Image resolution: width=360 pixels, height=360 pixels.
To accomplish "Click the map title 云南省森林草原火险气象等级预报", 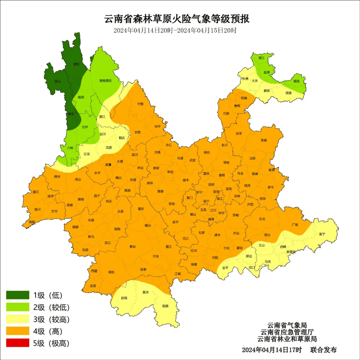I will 177,19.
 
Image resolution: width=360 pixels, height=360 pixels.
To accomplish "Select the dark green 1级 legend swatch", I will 18,295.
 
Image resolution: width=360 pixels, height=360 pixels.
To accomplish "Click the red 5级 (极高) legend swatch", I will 18,343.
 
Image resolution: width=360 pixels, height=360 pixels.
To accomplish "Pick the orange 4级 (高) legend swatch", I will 18,331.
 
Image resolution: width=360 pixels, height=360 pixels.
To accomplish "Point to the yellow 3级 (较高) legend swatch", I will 18,319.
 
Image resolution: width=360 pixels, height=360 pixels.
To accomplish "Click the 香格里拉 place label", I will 105,81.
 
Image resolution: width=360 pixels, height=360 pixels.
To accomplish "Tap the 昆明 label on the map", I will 211,184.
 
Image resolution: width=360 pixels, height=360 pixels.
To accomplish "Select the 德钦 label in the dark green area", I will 77,64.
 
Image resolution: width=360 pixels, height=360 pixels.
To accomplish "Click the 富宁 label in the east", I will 322,234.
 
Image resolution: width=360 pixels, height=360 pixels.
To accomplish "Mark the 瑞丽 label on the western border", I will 32,222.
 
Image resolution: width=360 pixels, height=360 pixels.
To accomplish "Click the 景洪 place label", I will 145,292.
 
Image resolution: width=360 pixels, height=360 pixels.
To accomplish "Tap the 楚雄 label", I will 160,191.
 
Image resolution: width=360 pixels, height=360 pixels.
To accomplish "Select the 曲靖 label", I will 255,174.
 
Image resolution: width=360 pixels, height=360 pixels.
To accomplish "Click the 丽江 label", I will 102,117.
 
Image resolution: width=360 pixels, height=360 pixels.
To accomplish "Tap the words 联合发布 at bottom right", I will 323,350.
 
